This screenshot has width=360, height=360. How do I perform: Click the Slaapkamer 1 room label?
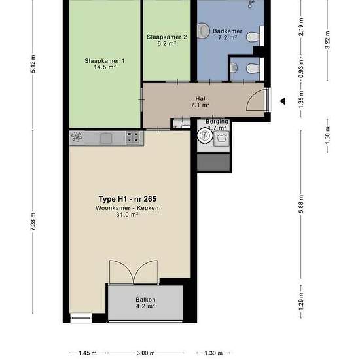105,64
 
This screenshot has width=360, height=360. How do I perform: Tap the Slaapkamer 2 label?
167,40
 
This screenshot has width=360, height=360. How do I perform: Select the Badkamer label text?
227,31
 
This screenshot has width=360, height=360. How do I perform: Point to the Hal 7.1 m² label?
200,101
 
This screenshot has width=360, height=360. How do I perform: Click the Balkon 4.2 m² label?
145,303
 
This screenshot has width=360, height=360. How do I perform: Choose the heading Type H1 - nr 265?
128,199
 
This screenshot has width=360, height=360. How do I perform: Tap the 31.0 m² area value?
127,215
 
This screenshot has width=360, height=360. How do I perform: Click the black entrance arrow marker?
283,101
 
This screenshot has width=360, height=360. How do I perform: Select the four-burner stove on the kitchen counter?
133,137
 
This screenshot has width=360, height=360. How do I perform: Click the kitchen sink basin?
106,138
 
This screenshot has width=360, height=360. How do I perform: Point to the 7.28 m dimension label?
33,221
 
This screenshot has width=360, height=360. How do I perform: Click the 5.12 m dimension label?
33,63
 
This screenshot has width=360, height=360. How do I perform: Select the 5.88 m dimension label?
301,204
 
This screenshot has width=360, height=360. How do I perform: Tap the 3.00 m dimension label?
145,353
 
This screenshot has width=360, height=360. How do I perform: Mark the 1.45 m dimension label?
87,353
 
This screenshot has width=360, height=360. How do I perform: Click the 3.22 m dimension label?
328,40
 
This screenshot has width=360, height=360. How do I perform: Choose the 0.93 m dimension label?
301,69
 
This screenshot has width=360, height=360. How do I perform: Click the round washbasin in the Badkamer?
203,30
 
